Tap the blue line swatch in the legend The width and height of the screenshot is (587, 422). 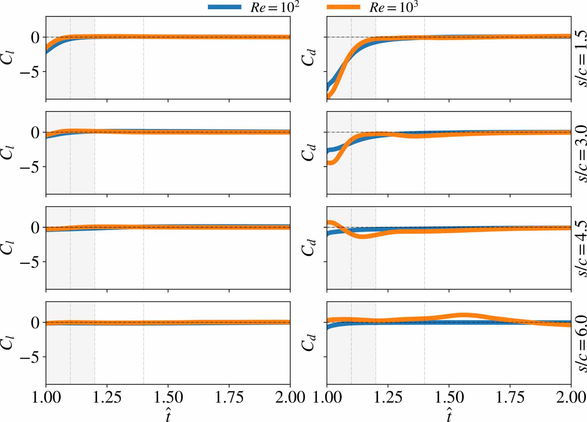pos(225,7)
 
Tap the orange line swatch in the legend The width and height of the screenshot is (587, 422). pos(343,7)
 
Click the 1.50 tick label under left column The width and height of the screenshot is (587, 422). pos(168,397)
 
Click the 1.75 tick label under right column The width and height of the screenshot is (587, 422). pos(510,397)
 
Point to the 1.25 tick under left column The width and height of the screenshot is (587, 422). pos(107,397)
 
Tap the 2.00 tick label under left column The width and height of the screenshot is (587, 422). pos(290,397)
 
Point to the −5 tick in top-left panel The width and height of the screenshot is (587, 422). pos(31,72)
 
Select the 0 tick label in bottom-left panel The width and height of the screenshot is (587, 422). pos(35,323)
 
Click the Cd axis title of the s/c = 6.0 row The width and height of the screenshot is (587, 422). pos(308,343)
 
